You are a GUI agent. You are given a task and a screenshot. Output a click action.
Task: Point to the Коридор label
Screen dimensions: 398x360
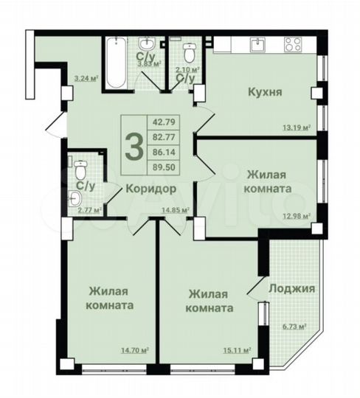click(x=150, y=188)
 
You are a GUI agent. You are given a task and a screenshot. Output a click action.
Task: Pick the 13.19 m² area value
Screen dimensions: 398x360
click(x=297, y=127)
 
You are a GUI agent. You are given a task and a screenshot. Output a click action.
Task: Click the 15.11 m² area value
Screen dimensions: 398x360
click(x=235, y=350)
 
